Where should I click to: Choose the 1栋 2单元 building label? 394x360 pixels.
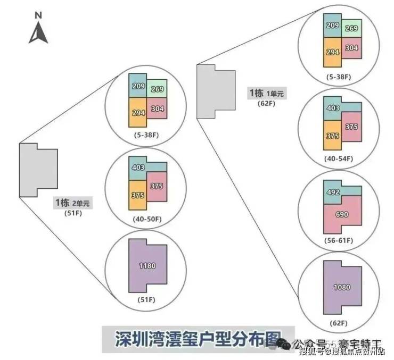click(x=72, y=203)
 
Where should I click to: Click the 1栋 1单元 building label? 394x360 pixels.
click(x=267, y=94)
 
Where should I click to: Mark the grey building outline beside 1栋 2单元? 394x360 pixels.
click(x=37, y=170)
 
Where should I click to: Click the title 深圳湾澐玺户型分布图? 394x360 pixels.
click(x=198, y=338)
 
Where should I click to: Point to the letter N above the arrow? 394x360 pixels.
click(x=38, y=15)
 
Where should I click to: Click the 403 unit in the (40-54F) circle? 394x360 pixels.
click(x=332, y=108)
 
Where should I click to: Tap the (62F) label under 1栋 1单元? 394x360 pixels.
click(x=267, y=104)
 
